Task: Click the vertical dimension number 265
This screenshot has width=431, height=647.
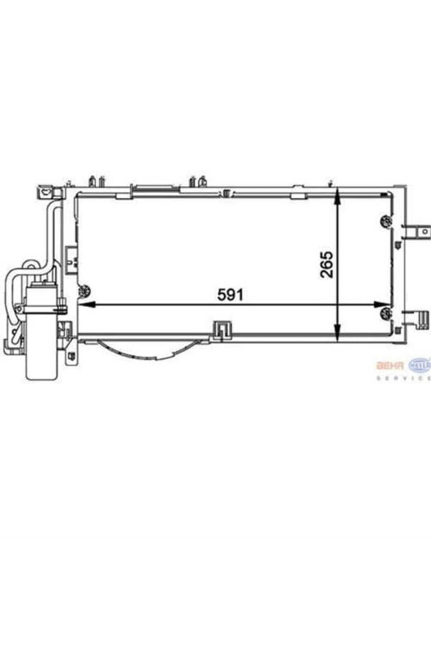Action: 326,264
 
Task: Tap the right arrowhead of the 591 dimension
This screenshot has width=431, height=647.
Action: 380,305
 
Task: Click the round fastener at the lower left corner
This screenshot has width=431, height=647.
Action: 85,291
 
